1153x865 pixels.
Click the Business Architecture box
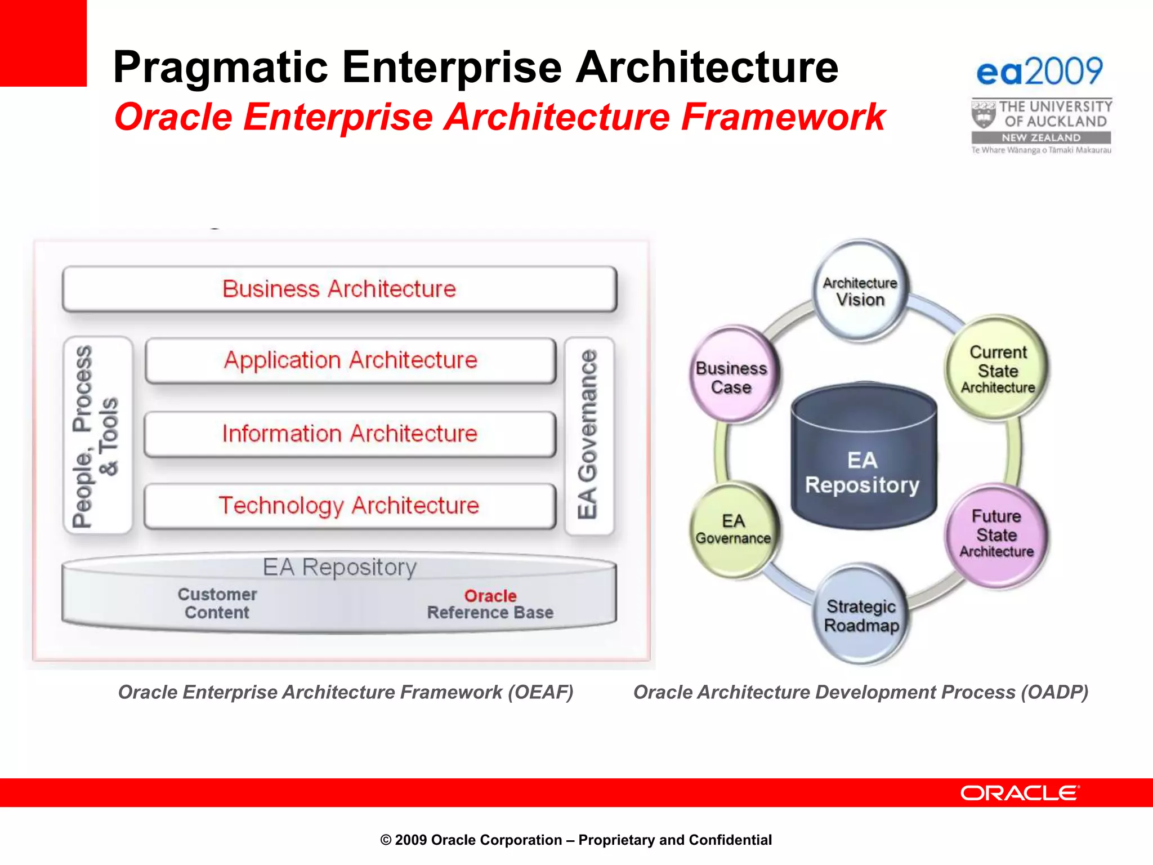[x=339, y=289]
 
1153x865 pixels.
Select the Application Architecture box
[x=350, y=360]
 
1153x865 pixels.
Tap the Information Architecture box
[x=350, y=434]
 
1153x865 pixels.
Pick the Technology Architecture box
[x=349, y=506]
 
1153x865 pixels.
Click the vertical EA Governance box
[x=589, y=435]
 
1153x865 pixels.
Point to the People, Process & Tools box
[x=97, y=435]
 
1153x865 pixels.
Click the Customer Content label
[x=217, y=603]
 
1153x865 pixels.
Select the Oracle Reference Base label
[x=490, y=604]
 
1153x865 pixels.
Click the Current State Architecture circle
[x=998, y=369]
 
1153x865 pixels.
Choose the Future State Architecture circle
[x=996, y=534]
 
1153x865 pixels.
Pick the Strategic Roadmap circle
[x=861, y=616]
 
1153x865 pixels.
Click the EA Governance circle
[x=733, y=529]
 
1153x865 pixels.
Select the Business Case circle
[x=731, y=377]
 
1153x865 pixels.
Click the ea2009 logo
[x=1039, y=72]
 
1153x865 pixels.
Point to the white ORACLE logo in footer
[x=1020, y=793]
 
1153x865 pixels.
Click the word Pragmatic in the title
[x=220, y=68]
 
